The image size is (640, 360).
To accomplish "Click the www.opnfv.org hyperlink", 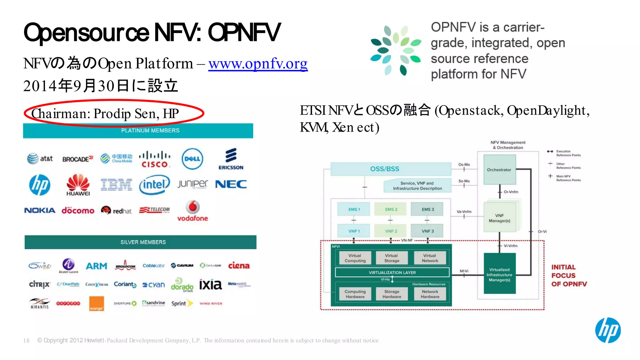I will pos(258,64).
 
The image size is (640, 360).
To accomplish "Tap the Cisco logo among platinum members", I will pos(155,159).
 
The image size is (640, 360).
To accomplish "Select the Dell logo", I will pos(192,159).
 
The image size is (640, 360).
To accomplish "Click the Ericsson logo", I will pos(231,159).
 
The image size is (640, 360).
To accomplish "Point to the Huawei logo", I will pos(78,185).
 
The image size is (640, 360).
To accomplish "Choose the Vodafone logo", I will pos(192,211).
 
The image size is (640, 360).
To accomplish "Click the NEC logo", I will pos(231,184).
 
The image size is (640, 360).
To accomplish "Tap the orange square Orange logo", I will pos(96,303).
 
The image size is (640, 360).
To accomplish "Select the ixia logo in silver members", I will pos(210,284).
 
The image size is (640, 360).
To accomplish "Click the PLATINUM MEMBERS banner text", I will pos(150,131).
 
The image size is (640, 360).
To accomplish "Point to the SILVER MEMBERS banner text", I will pos(143,242).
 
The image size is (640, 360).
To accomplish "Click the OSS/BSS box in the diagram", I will pos(385,169).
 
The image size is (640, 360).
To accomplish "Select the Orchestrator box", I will pos(499,170).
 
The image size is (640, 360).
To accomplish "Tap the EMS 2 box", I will pos(391,209).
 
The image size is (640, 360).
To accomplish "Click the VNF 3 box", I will pos(427,231).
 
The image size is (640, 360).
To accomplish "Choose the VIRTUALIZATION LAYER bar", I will pos(392,272).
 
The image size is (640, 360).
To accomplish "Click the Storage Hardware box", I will pos(392,294).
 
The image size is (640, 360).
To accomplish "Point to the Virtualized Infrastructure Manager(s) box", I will pos(499,274).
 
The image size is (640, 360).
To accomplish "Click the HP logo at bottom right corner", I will pos(608,330).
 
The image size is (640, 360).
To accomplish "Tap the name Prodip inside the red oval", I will pos(112,114).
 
